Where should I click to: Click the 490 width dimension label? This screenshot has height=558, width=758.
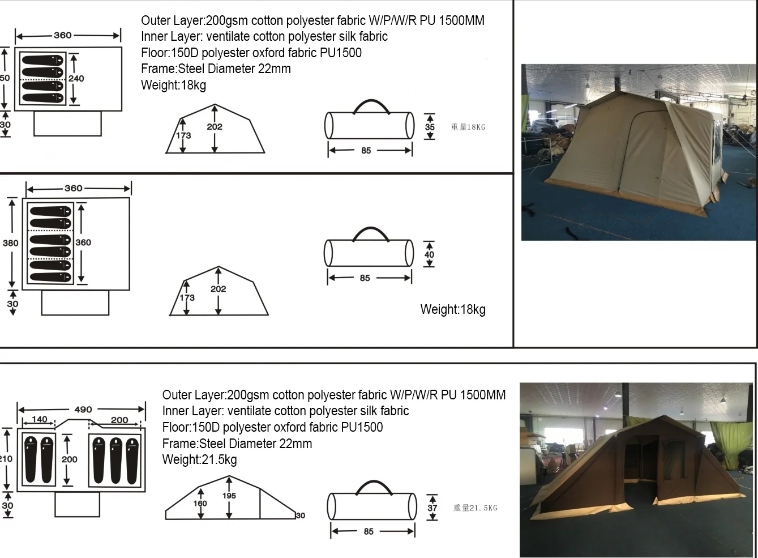[83, 410]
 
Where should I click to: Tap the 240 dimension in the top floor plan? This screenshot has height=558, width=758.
[76, 79]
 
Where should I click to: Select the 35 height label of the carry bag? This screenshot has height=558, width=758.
[430, 127]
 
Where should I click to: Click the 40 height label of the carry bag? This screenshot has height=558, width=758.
[429, 254]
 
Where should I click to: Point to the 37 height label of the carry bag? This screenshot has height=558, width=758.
[432, 508]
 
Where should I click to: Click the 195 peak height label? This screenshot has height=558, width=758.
[229, 496]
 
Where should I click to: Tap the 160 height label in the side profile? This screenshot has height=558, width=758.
[200, 504]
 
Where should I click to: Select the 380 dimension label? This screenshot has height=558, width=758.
[11, 243]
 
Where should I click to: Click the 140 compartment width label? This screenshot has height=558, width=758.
[40, 419]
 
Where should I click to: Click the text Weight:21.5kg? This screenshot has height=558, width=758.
[199, 459]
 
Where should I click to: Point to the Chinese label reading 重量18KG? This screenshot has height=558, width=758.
[468, 127]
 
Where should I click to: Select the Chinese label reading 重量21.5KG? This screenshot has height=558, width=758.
[475, 508]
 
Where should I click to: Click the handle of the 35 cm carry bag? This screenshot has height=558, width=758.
[371, 101]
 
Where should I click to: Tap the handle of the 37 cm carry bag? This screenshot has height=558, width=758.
[374, 482]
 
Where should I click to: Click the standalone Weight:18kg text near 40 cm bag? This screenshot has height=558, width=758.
[453, 309]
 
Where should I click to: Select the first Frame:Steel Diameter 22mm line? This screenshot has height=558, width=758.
[216, 69]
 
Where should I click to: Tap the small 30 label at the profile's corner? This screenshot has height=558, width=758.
[301, 516]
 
